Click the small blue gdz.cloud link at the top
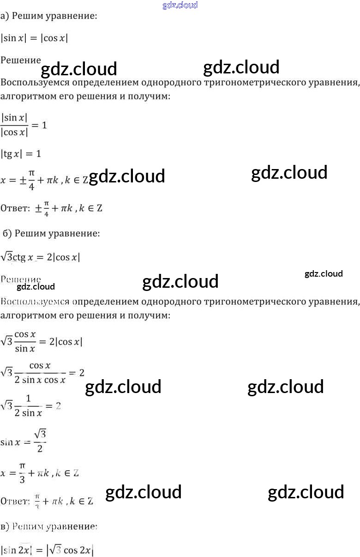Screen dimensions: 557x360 coord(180,6)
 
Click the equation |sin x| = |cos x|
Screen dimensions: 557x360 coord(35,38)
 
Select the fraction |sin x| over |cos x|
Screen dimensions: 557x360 coord(15,125)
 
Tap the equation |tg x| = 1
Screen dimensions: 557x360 coord(21,153)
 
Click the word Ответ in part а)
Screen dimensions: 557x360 coord(15,208)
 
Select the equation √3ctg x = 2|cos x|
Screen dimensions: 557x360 coord(40,257)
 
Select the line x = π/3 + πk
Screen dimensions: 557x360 coord(39,473)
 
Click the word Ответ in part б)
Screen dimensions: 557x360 coord(15,501)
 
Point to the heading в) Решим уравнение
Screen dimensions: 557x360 coord(49,526)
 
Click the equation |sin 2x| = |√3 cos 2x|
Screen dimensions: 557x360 coord(47,550)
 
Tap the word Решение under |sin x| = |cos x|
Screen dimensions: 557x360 coord(21,60)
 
